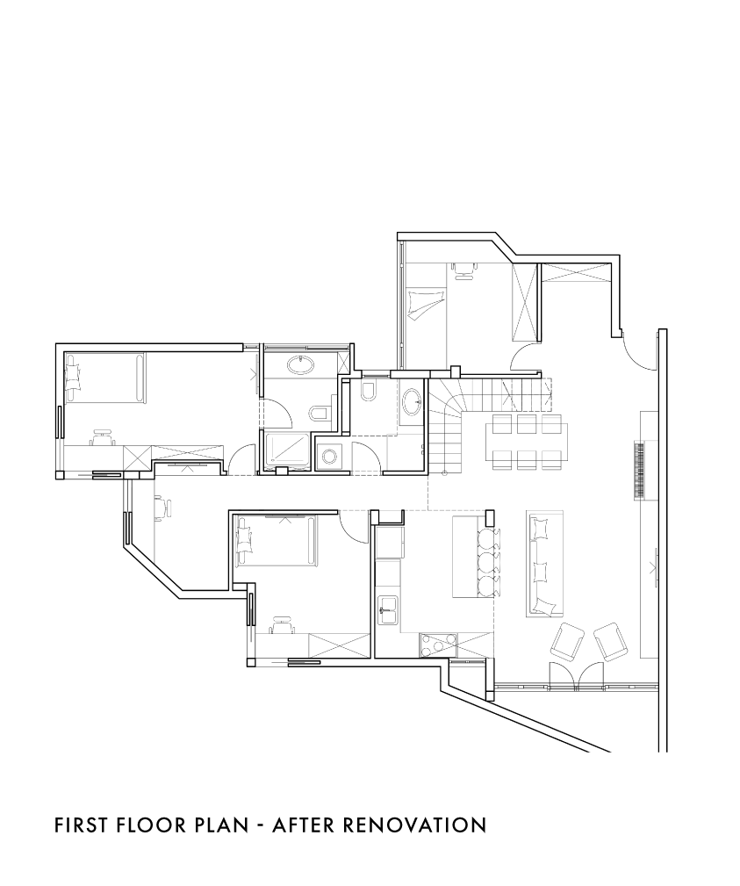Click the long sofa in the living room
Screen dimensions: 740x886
pos(545,564)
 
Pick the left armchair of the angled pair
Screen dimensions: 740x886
pos(567,641)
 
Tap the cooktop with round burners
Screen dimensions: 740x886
pos(438,645)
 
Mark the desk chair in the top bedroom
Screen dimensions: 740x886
pos(463,270)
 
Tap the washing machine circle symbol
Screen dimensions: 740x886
pos(327,455)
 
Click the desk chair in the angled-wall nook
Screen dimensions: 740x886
pos(164,507)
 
